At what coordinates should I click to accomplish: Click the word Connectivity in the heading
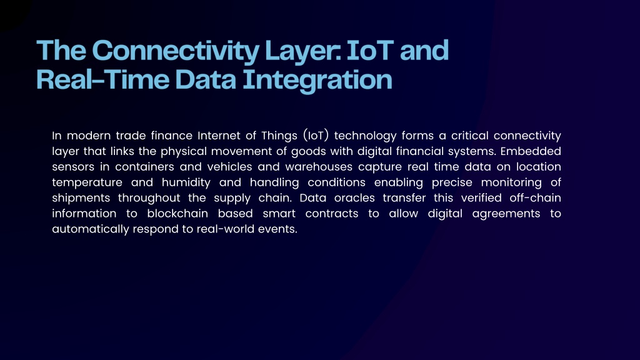[176, 51]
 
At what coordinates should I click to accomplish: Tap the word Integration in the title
[317, 81]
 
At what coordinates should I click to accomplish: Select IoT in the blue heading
[370, 50]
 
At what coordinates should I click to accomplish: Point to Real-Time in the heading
[102, 79]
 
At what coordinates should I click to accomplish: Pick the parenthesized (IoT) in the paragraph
[316, 135]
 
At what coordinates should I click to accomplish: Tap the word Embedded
[531, 151]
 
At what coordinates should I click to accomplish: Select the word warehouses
[319, 166]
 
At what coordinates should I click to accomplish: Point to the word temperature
[87, 182]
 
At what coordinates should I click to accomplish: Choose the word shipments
[81, 198]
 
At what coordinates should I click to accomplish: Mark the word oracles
[354, 198]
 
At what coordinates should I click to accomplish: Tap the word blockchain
[177, 214]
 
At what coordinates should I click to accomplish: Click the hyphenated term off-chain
[535, 198]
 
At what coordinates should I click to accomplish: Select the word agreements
[506, 214]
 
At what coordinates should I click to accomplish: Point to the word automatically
[91, 229]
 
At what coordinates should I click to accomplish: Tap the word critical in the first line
[470, 136]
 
